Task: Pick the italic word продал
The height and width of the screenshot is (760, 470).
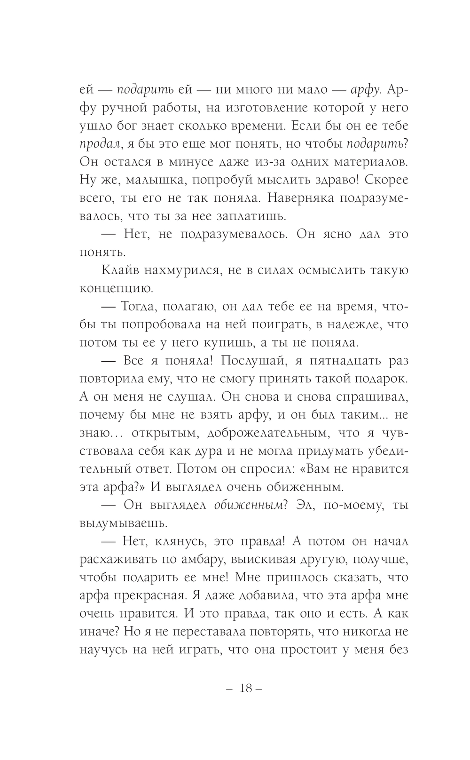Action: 98,144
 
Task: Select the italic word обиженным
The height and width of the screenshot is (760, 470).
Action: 248,505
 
